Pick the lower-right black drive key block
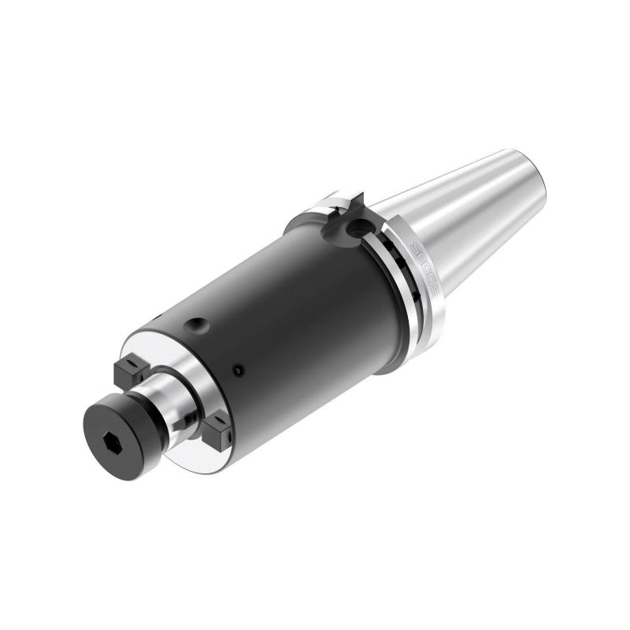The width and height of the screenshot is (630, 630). pos(215,430)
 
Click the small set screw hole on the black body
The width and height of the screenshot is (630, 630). pos(239,369)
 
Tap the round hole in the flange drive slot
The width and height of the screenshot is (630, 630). pos(359,228)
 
